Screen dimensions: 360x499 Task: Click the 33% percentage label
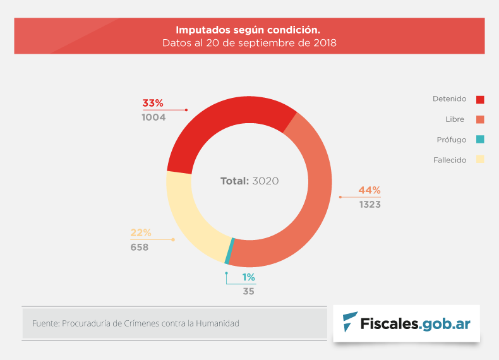point(153,103)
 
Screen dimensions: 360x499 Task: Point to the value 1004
point(153,117)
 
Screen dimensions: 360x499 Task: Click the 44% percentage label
point(370,190)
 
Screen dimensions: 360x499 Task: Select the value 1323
point(370,205)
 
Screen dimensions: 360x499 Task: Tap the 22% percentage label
point(141,232)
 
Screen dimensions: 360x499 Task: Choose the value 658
point(140,247)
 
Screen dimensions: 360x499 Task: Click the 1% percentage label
point(248,277)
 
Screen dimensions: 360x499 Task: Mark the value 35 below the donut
point(248,291)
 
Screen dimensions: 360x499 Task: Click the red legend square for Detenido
point(480,99)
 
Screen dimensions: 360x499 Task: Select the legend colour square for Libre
point(480,119)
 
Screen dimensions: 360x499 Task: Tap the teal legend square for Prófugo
point(480,140)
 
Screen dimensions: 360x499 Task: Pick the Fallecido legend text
point(450,160)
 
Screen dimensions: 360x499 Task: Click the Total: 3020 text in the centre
point(249,181)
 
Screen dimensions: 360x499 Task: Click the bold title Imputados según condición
point(248,30)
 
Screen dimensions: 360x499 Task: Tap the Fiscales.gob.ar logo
point(406,323)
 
